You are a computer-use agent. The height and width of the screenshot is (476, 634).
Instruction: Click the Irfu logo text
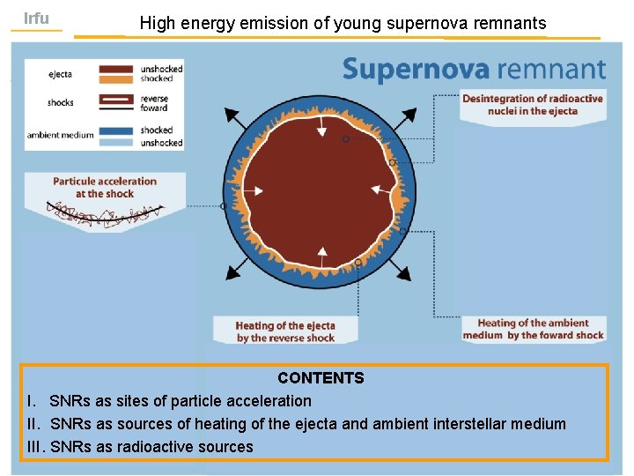coord(36,19)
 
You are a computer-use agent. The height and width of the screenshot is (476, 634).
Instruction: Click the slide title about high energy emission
coord(343,24)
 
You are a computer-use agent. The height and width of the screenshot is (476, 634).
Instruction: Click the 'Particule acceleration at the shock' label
coord(104,188)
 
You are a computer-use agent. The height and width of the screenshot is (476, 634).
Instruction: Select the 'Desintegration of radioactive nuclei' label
coord(532,105)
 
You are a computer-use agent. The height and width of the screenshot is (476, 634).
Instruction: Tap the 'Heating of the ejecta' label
coord(285,331)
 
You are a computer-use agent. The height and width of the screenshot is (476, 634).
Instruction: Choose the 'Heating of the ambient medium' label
coord(533,329)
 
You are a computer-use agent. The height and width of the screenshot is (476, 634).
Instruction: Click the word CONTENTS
coord(321,378)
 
